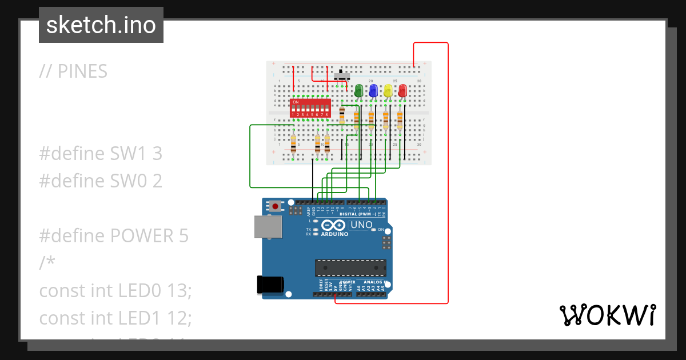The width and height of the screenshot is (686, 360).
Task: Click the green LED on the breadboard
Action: click(358, 91)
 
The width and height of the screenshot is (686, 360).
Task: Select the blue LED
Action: click(373, 91)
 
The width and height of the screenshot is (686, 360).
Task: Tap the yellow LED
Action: click(388, 91)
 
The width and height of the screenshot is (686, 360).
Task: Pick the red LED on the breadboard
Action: click(402, 91)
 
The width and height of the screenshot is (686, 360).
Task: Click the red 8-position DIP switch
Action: click(310, 108)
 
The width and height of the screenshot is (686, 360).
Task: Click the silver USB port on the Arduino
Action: click(268, 227)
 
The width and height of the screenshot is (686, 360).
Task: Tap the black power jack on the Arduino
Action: click(270, 285)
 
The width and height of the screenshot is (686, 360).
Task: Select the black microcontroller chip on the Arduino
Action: click(350, 268)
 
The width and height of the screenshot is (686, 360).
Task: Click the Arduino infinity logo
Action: click(334, 225)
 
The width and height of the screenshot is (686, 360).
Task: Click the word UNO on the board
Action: click(361, 225)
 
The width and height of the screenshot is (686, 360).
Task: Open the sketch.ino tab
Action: click(101, 25)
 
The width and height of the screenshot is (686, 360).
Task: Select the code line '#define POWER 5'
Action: click(114, 235)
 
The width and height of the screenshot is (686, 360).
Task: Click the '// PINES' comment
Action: click(73, 71)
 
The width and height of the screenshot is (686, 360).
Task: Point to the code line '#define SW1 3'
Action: click(101, 153)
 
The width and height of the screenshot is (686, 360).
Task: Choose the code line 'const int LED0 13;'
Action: click(115, 290)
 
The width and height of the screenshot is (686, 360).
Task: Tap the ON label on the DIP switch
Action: click(296, 102)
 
